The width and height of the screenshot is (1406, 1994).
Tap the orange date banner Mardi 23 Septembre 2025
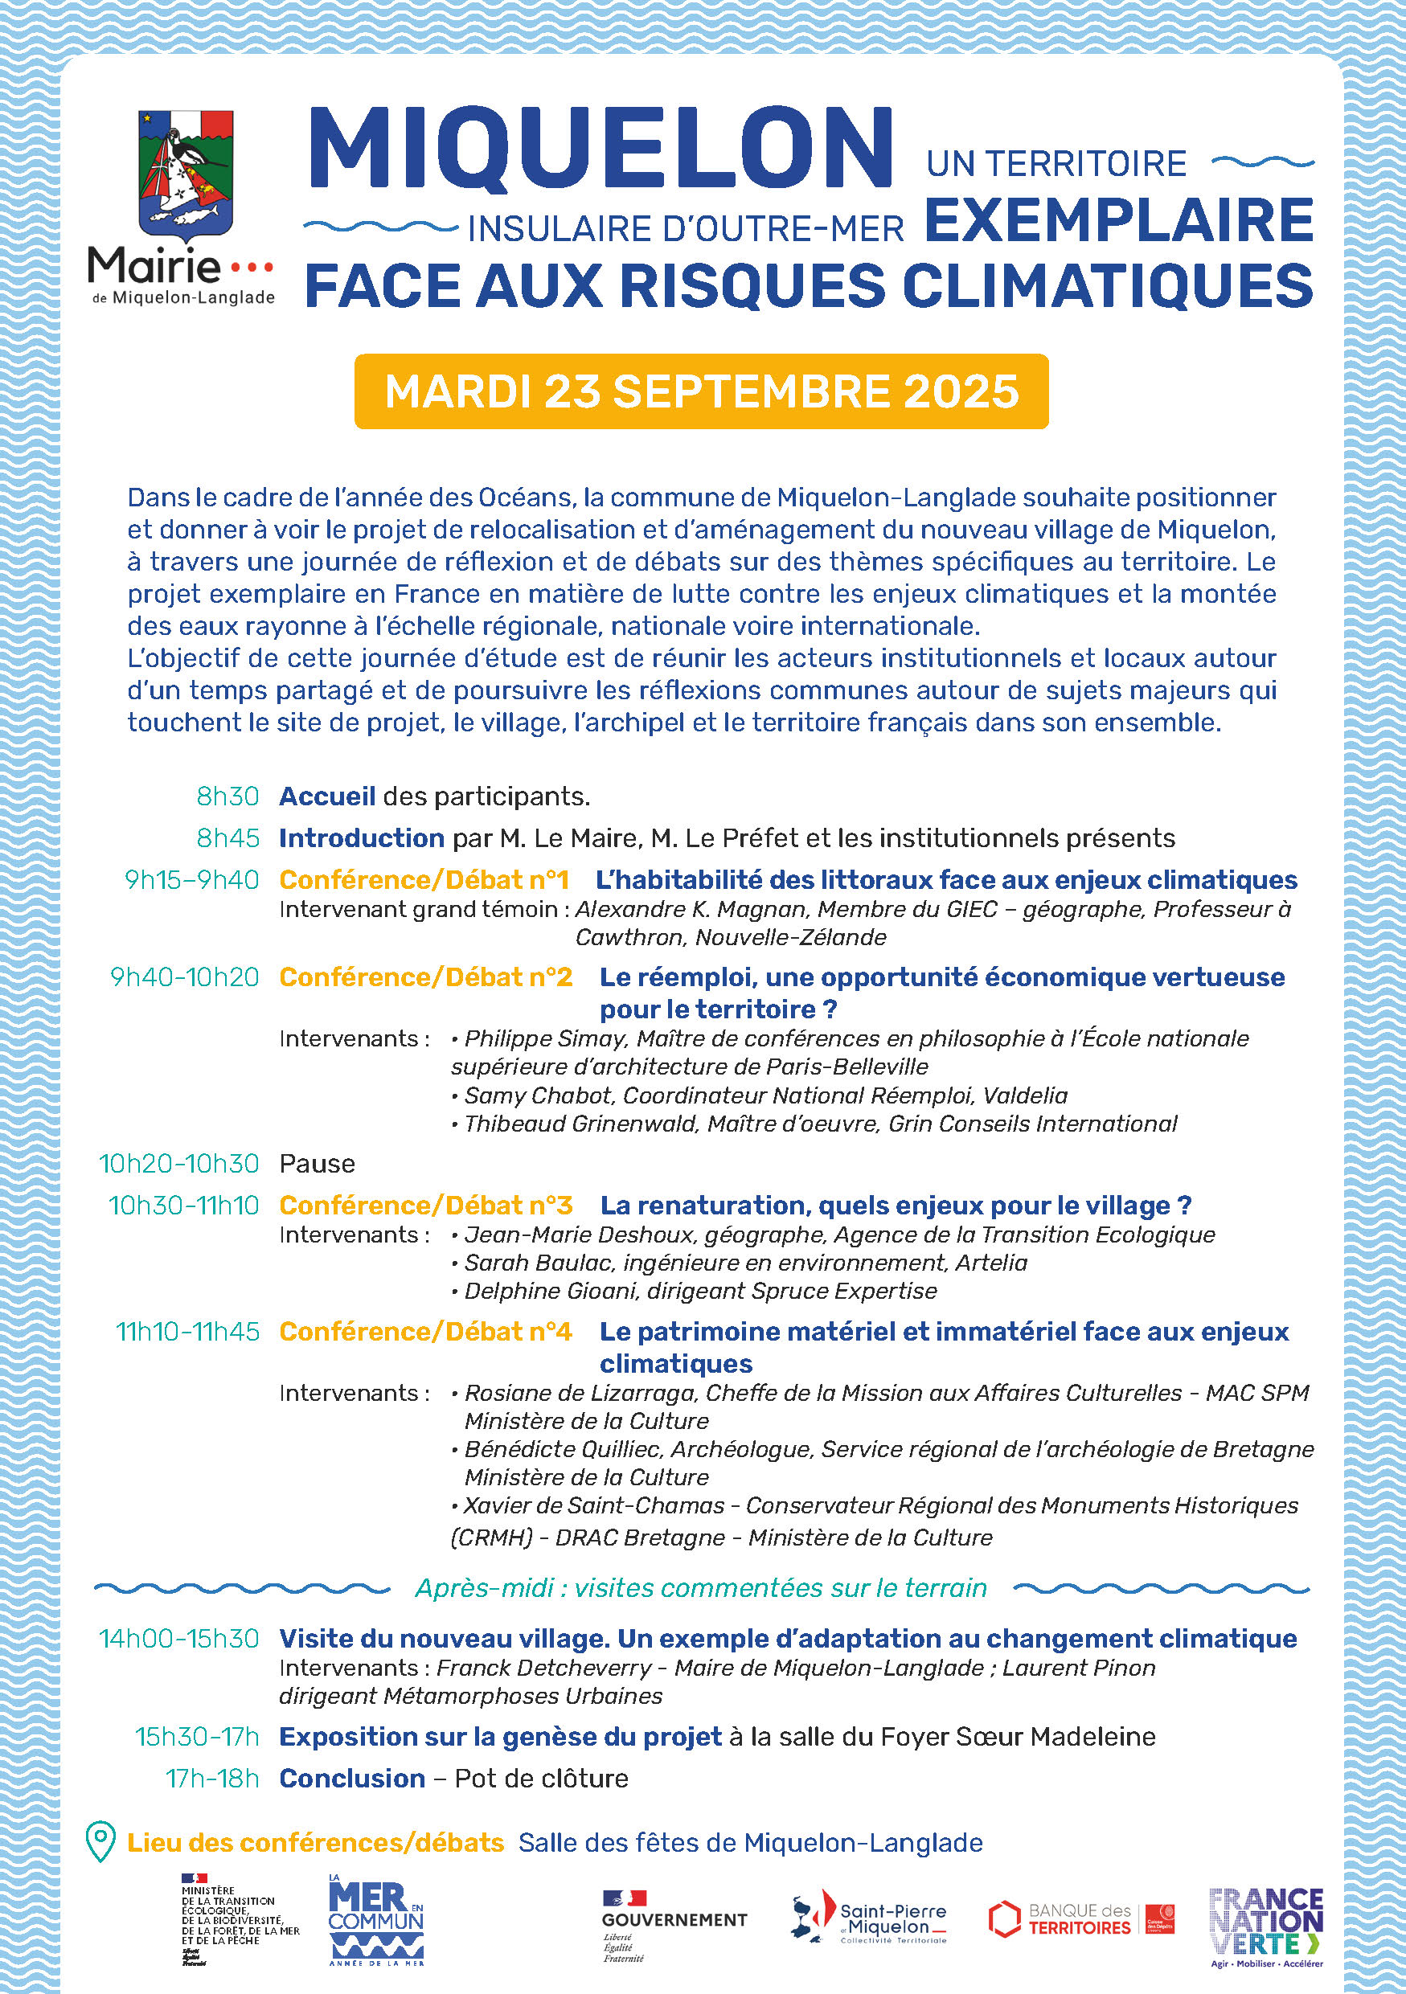(701, 391)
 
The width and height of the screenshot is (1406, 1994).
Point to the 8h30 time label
(228, 796)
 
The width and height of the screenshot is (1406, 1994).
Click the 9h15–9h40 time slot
(192, 880)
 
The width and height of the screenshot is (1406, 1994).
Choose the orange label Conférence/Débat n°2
(425, 977)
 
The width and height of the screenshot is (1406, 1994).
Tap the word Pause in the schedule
(317, 1164)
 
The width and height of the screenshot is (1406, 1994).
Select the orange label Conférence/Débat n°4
(425, 1332)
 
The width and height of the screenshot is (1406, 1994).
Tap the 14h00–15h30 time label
(179, 1639)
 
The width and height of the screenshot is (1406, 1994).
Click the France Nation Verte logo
(1266, 1926)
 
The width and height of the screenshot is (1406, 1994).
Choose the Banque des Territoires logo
(1081, 1920)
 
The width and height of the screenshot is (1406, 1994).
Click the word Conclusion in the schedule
(352, 1778)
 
